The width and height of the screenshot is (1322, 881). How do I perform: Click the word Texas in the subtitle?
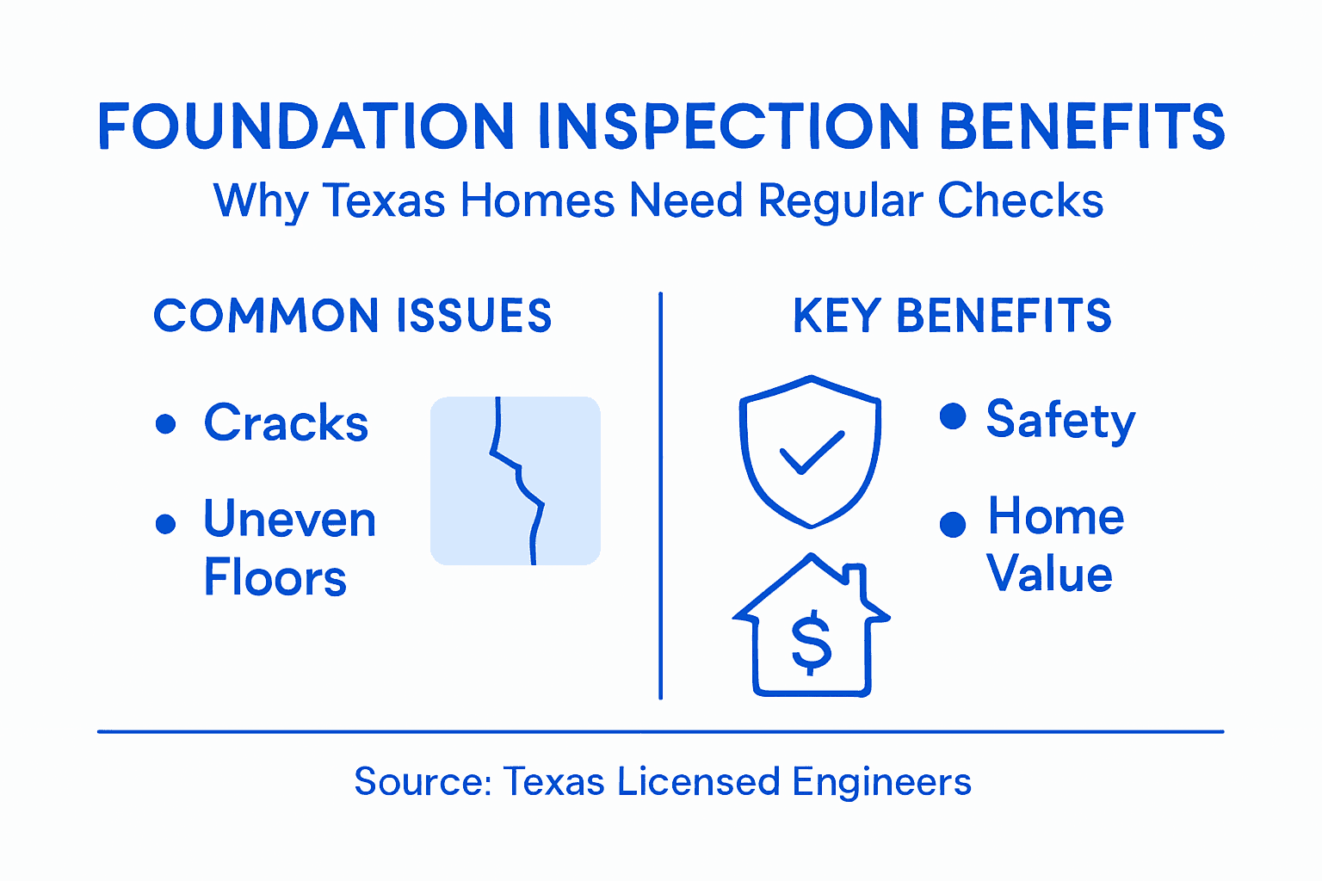click(x=384, y=201)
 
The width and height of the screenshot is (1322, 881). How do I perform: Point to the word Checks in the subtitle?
click(x=1020, y=201)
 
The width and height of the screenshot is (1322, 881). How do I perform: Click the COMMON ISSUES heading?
click(x=353, y=316)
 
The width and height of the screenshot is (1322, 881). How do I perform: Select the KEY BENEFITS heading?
click(x=952, y=316)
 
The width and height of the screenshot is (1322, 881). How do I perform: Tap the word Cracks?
click(x=286, y=422)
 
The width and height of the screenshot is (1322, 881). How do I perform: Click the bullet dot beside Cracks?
click(x=165, y=423)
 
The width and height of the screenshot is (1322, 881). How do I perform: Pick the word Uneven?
click(x=290, y=520)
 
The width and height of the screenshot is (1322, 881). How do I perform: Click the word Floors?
click(x=275, y=577)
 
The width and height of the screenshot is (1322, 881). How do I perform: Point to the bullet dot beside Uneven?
click(x=165, y=523)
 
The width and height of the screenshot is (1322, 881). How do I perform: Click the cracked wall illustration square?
click(x=515, y=480)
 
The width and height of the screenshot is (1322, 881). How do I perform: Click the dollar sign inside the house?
click(x=811, y=642)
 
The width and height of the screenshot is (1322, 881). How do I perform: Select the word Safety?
click(x=1060, y=421)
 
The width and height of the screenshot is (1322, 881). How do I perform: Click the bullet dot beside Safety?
click(x=953, y=416)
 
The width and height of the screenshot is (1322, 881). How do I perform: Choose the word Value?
click(x=1049, y=574)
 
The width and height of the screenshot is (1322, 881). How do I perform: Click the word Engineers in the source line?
click(x=881, y=782)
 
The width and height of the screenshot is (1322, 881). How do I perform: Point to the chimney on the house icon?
click(x=856, y=581)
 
